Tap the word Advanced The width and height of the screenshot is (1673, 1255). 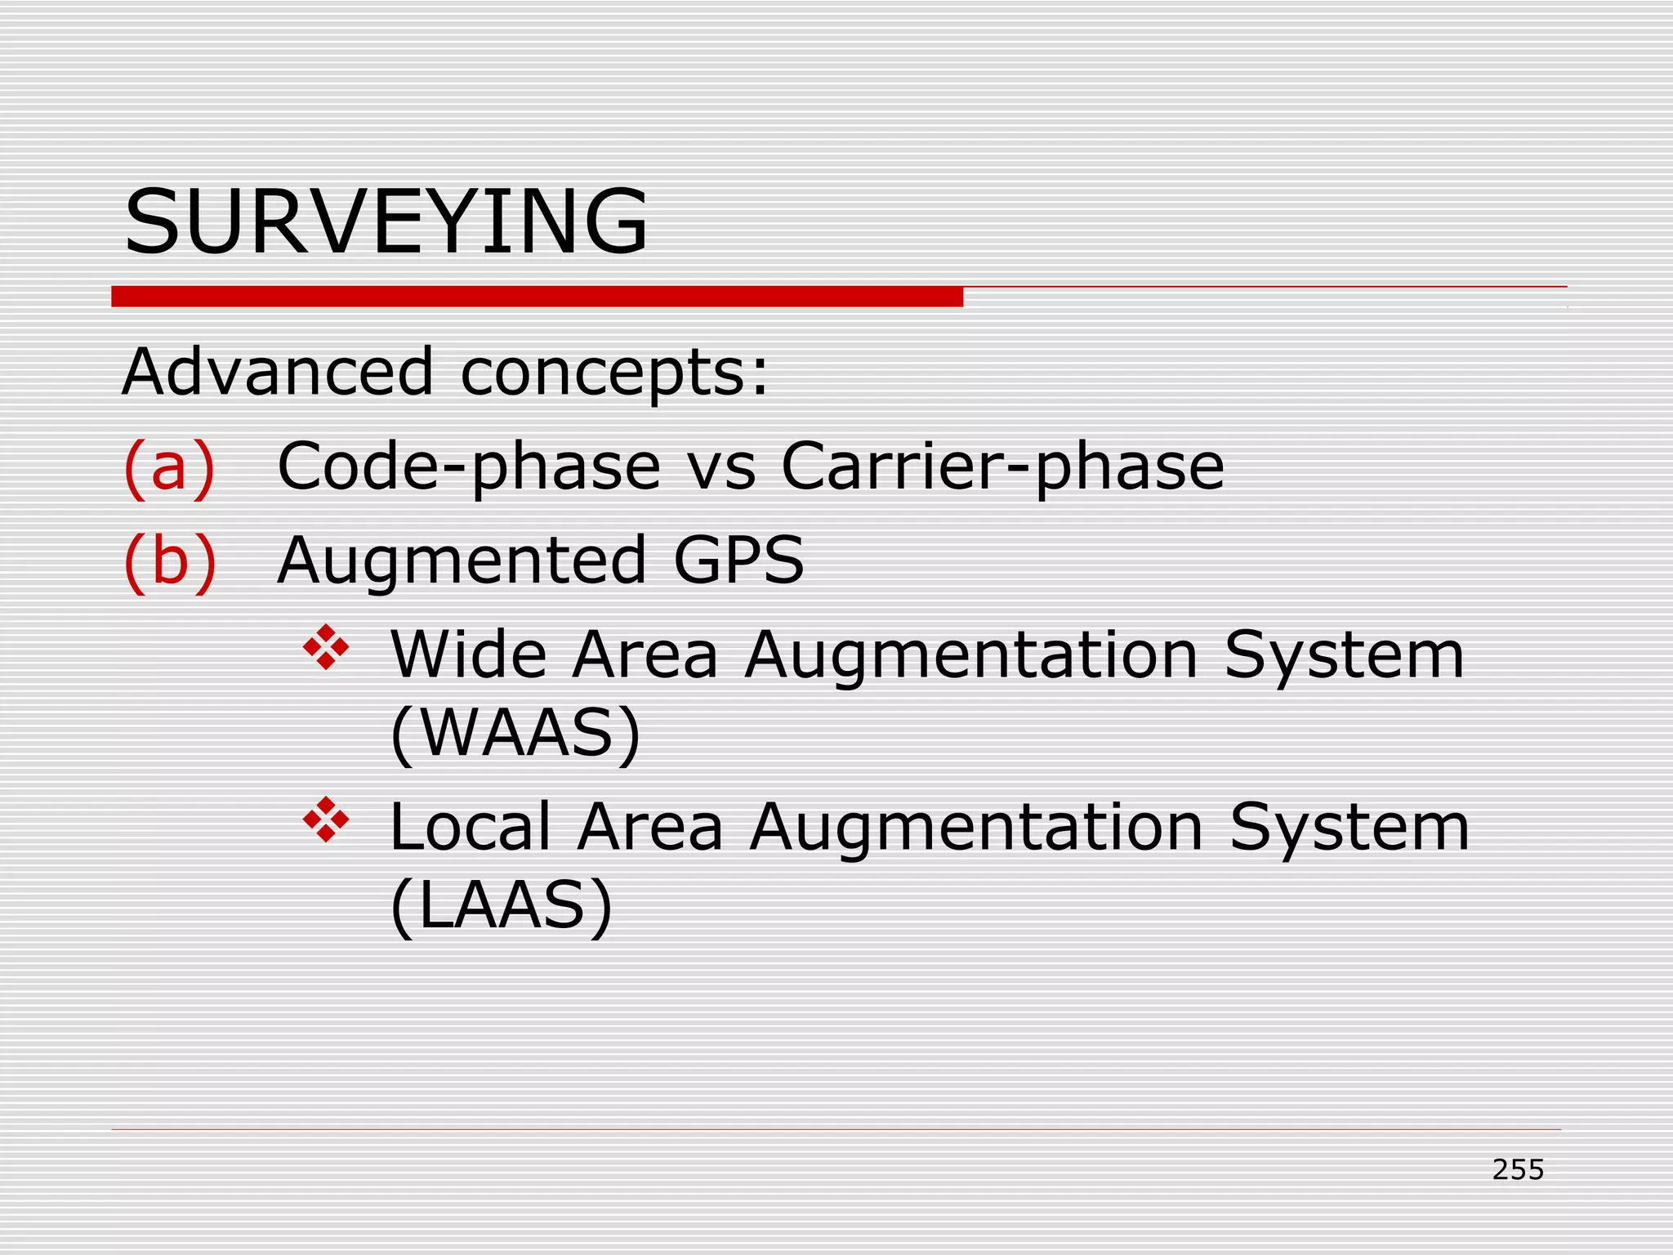point(277,372)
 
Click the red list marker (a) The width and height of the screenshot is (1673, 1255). point(169,467)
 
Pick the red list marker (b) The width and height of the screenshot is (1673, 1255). point(170,561)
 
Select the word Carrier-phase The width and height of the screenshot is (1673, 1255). point(1002,467)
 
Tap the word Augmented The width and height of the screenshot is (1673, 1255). point(462,562)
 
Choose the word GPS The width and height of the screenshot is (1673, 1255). point(739,561)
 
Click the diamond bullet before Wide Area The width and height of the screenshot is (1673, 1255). point(326,647)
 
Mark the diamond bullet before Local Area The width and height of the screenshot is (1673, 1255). point(326,820)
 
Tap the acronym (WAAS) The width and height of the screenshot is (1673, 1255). point(515,733)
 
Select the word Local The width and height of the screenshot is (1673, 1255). point(471,827)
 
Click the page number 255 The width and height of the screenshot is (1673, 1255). point(1518,1170)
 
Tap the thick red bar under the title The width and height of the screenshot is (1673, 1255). point(537,297)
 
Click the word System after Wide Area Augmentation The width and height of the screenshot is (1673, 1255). point(1344,656)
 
